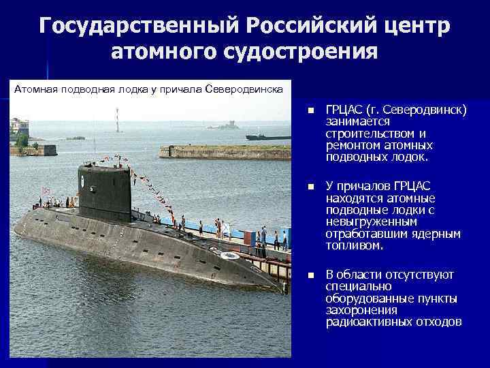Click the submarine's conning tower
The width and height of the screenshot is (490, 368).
tap(104, 191)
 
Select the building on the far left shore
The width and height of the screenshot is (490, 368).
tap(19, 129)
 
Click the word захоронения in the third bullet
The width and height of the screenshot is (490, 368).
tap(360, 310)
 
